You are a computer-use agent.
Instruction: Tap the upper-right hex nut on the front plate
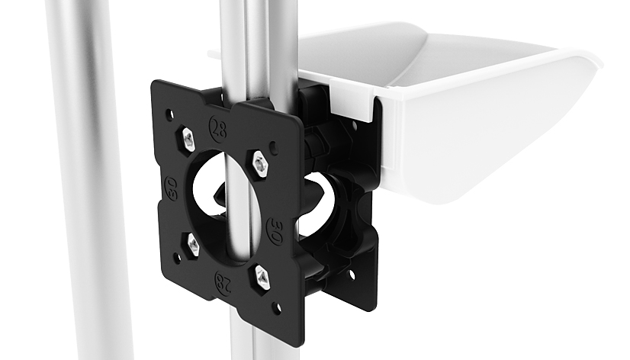tap(260, 163)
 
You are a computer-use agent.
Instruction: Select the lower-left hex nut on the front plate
tap(193, 244)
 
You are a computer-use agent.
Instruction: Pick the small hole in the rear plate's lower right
tap(350, 272)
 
